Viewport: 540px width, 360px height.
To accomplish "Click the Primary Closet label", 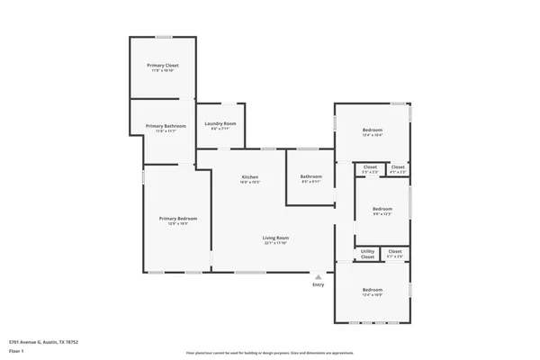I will [x=163, y=66].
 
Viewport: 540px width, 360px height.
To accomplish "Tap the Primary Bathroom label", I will [x=166, y=126].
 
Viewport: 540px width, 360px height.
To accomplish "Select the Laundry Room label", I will [x=220, y=123].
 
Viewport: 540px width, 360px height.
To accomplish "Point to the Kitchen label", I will [x=250, y=176].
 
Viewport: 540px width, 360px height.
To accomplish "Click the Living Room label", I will [x=274, y=237].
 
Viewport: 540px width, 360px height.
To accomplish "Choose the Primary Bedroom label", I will [x=178, y=219].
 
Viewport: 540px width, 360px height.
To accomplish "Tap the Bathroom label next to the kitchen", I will [x=311, y=176].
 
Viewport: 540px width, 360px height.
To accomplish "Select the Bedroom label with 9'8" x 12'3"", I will [x=382, y=208].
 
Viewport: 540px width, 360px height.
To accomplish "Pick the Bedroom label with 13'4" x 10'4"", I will [x=373, y=130].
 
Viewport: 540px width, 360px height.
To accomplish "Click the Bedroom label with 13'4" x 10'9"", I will [x=373, y=289].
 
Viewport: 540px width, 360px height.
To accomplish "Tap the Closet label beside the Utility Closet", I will [x=395, y=252].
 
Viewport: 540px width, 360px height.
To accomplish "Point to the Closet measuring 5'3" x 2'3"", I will [x=370, y=166].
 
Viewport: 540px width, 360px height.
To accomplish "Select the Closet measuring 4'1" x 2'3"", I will [x=397, y=166].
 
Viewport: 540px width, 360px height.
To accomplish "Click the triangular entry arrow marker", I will [x=318, y=276].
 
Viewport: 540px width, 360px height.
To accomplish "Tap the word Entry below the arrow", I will [x=318, y=285].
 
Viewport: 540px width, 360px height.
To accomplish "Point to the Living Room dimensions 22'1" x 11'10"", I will [x=274, y=242].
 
